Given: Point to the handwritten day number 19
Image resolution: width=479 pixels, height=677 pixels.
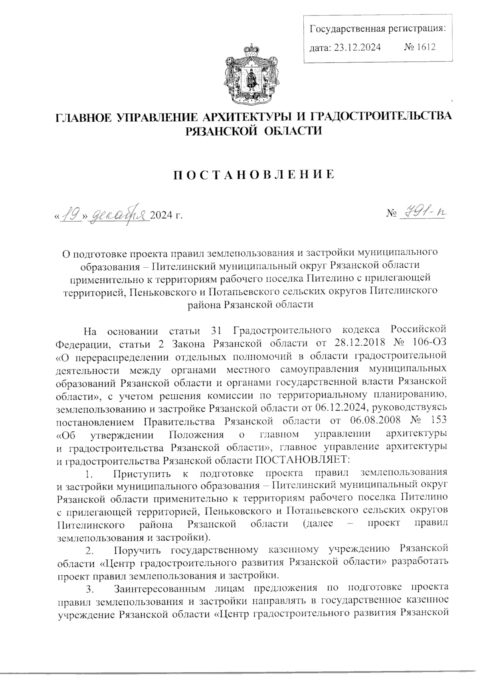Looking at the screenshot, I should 71,216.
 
